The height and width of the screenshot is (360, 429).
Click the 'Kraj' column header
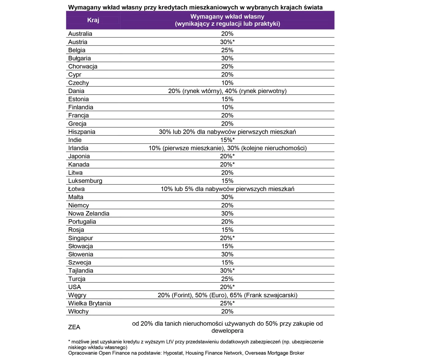(93, 20)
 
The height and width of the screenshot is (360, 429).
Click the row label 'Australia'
(80, 34)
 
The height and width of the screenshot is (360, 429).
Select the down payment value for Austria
(227, 42)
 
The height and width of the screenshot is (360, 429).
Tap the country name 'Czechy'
(78, 83)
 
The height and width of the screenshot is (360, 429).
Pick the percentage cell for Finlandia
(227, 107)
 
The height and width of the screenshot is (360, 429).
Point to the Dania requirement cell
(227, 91)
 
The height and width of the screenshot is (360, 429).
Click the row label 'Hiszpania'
(82, 132)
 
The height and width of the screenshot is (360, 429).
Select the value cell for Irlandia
(227, 148)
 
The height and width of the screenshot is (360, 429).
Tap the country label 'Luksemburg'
(85, 181)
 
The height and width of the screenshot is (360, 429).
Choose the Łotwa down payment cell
(227, 189)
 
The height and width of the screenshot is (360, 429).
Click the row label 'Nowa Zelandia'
(89, 213)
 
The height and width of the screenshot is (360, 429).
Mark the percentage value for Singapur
(227, 238)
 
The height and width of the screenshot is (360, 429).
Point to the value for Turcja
(227, 279)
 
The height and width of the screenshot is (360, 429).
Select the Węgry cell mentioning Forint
(227, 295)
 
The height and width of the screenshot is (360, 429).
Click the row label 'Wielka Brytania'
(89, 303)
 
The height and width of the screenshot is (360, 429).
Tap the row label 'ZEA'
(74, 327)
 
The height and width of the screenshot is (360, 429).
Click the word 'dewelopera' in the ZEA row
(227, 331)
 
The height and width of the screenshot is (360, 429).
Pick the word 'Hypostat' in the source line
(173, 353)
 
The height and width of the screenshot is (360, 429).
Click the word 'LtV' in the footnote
(170, 342)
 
